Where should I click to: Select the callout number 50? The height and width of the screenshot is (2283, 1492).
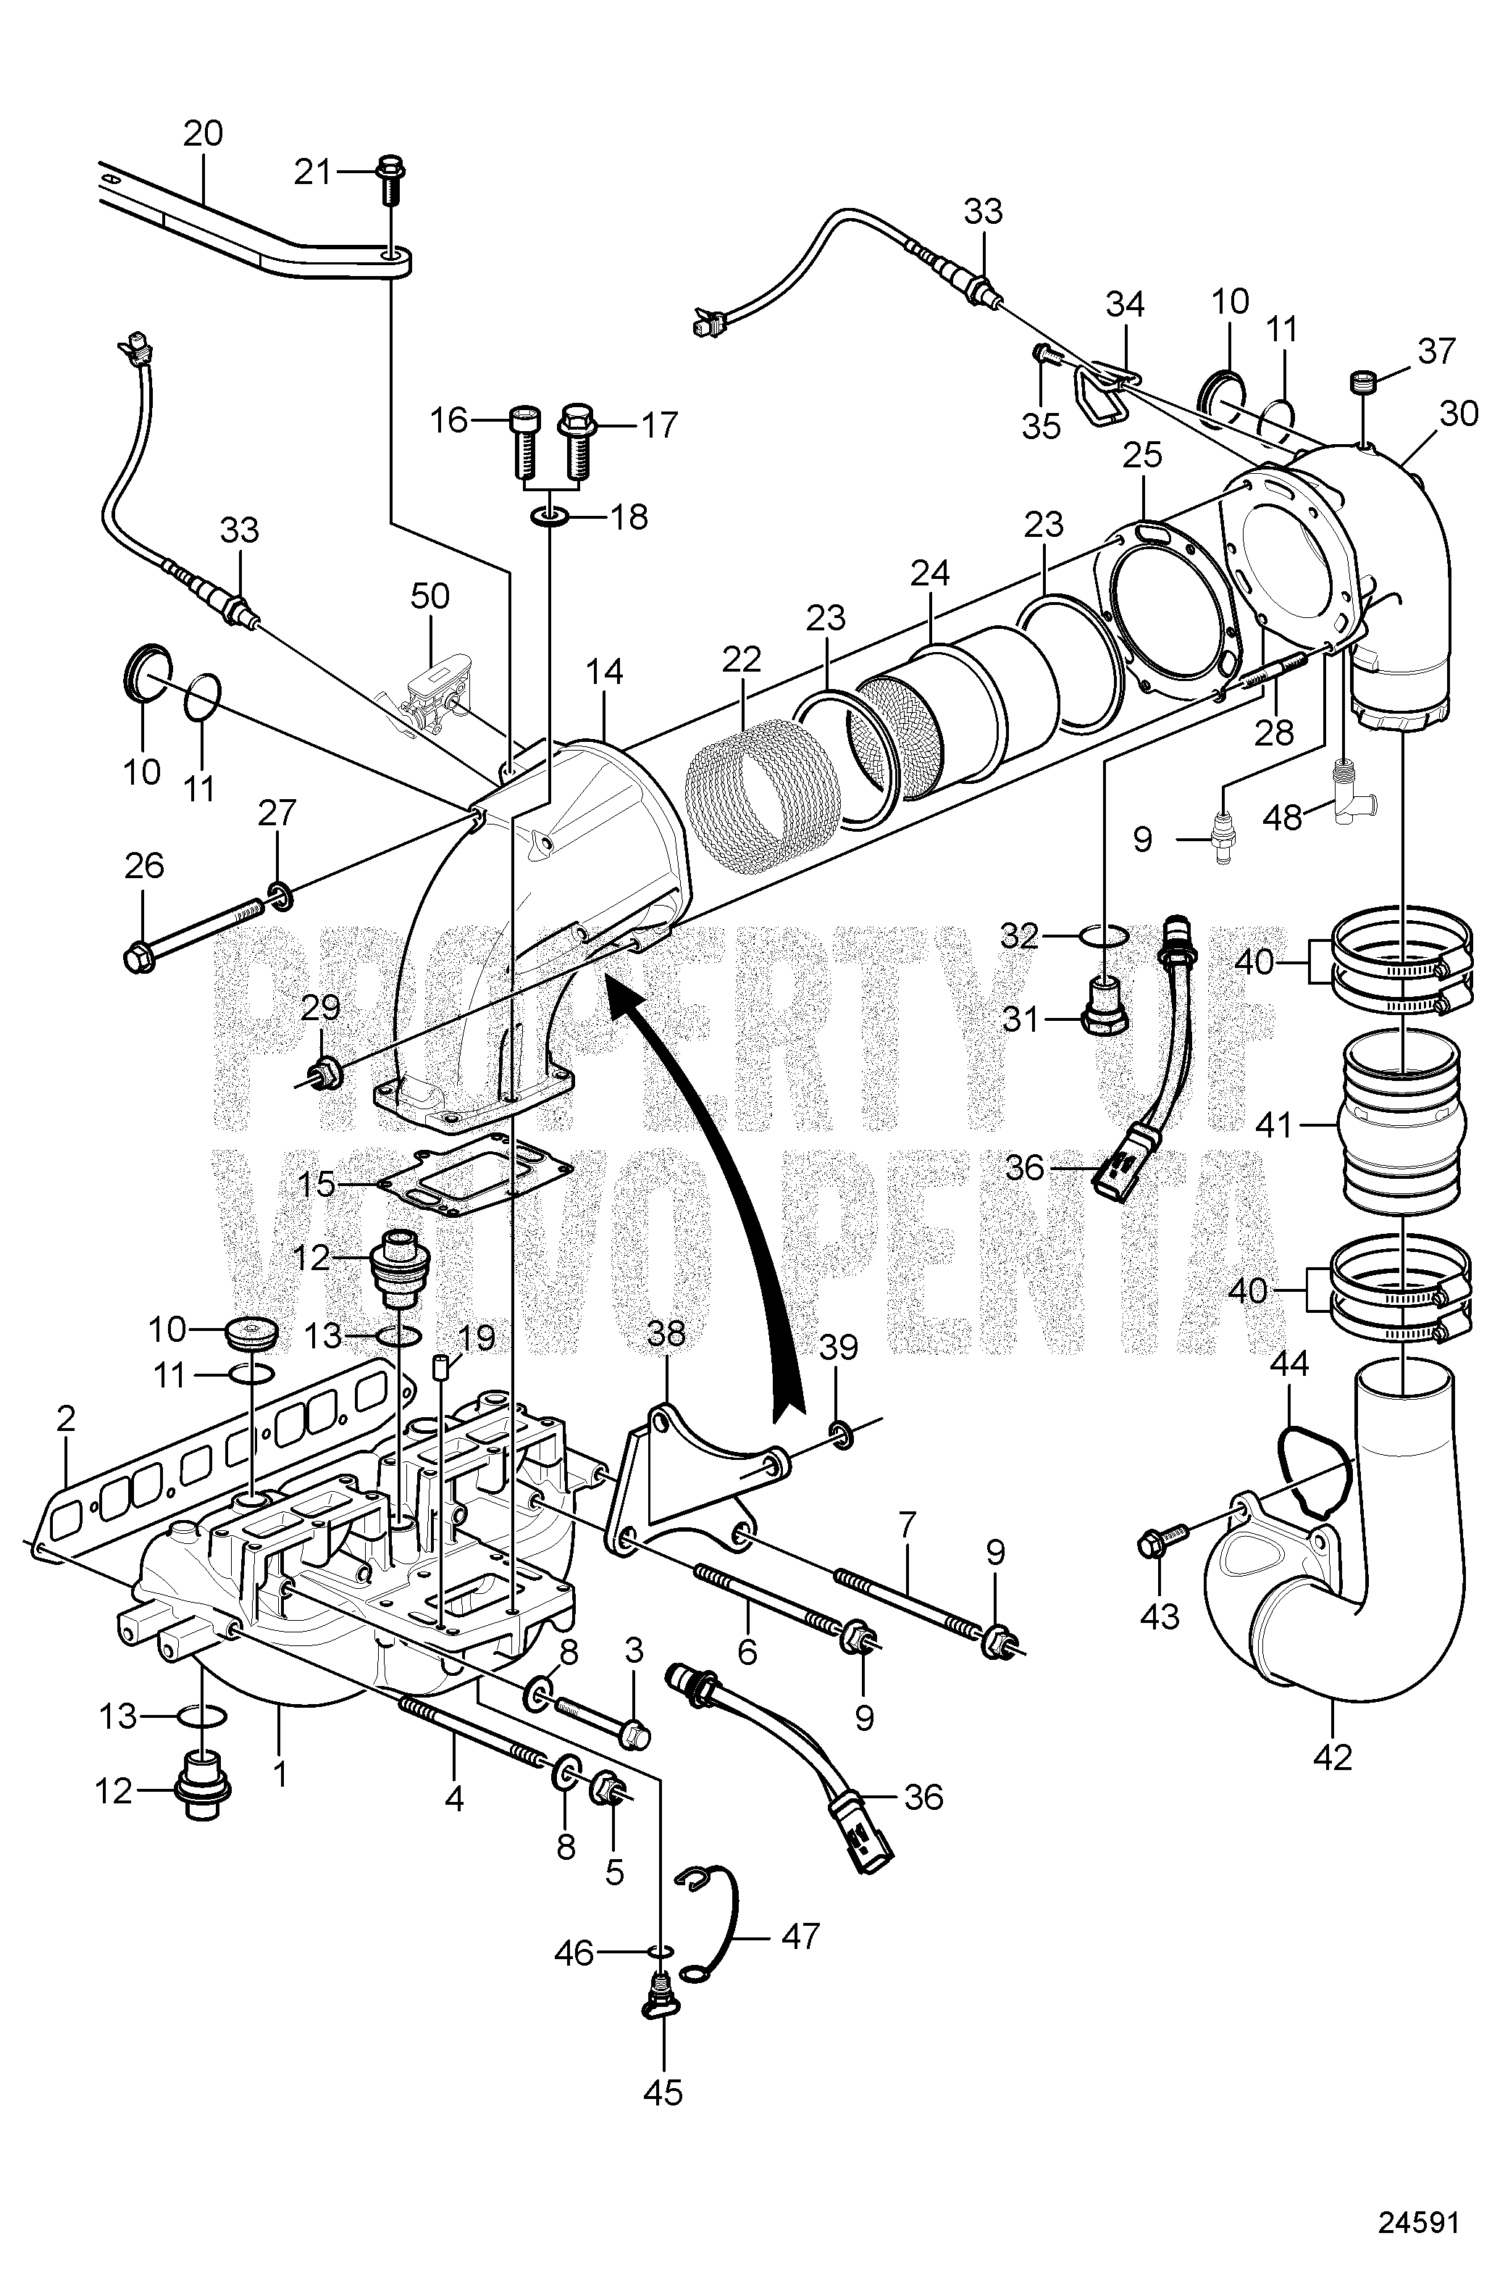[x=429, y=596]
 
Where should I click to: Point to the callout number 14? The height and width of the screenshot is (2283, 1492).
[x=604, y=672]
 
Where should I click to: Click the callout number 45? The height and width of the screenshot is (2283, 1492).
[x=663, y=2092]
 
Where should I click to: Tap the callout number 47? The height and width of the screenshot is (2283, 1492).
[x=800, y=1937]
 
